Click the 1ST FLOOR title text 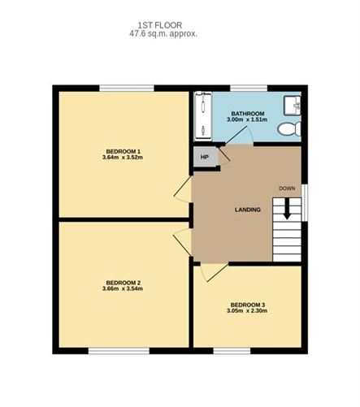(160, 25)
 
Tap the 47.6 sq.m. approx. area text (163, 34)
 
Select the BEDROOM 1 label (124, 151)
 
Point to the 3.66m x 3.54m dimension (123, 288)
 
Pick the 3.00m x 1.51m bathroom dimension (247, 119)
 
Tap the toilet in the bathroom (289, 128)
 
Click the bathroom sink (292, 106)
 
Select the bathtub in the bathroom (203, 116)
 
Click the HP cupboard (205, 157)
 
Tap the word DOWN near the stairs (287, 188)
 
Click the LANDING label (248, 210)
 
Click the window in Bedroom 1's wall (127, 89)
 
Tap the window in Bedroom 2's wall (119, 351)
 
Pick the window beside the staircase (305, 203)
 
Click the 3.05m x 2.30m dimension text (247, 310)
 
